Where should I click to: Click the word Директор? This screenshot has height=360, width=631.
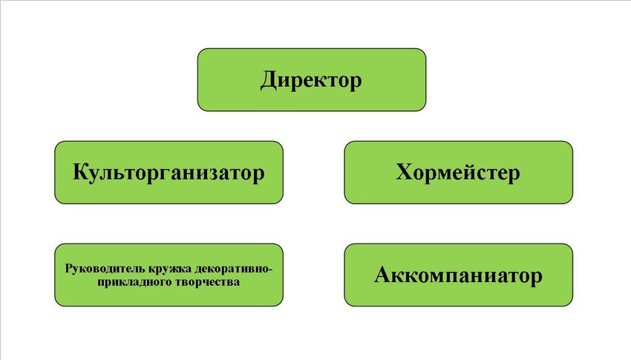pos(311,80)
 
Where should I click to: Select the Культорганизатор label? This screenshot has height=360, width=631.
pos(169,172)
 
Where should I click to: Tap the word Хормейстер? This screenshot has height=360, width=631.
pos(458,172)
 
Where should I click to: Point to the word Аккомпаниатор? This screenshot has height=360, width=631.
pos(458,275)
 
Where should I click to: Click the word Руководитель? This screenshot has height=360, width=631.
pos(105,269)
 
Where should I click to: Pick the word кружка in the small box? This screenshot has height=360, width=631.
pos(169,269)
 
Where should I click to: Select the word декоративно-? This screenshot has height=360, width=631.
pos(233,268)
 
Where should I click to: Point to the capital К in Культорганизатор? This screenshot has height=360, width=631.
pos(81,171)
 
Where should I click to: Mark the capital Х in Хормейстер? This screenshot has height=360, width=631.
pos(405,171)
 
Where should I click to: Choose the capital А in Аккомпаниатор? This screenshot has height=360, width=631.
pos(384,275)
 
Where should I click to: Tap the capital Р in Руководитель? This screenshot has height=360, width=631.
pos(69,268)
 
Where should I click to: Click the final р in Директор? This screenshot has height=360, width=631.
pos(356,83)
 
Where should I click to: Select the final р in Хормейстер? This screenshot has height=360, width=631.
pos(514,175)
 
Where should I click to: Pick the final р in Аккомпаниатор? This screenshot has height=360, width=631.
pos(536,278)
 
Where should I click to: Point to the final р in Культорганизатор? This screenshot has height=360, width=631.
pos(258,175)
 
